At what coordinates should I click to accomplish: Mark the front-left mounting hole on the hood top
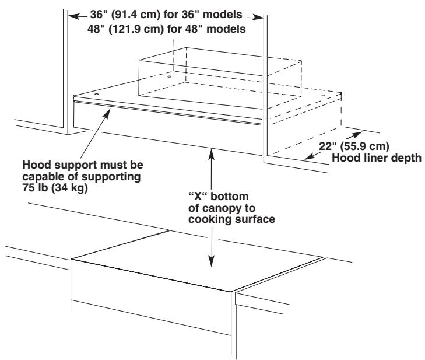[x=96, y=92]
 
